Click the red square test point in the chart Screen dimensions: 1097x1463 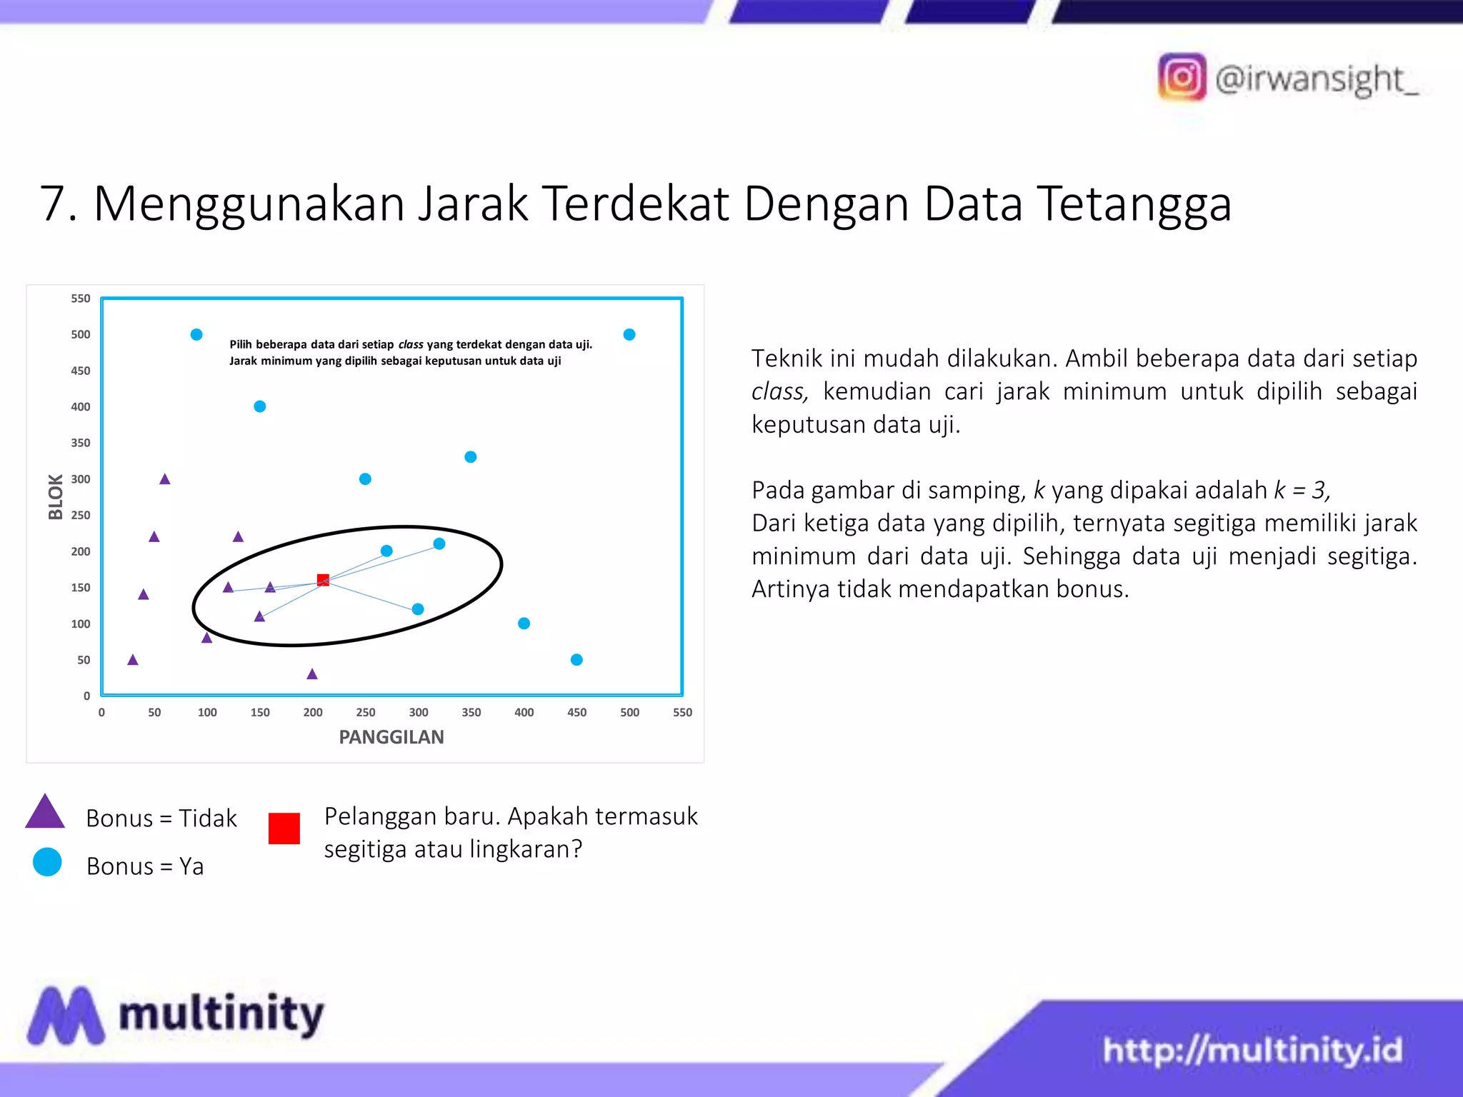tap(323, 580)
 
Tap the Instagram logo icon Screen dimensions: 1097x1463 tap(1182, 77)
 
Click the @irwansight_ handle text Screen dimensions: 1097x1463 tap(1317, 79)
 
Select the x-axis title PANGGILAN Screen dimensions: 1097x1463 tap(391, 737)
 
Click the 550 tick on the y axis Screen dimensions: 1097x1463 tap(81, 299)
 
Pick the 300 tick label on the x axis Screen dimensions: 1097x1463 tap(419, 712)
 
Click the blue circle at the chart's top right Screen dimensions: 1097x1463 tap(629, 334)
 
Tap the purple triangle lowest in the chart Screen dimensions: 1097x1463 tap(312, 673)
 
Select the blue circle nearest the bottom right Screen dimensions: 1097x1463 tap(576, 659)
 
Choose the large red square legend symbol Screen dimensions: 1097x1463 tap(284, 828)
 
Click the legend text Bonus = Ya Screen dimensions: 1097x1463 tap(145, 866)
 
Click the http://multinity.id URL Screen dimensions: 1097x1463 tap(1252, 1050)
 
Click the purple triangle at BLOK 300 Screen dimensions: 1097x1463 tap(165, 479)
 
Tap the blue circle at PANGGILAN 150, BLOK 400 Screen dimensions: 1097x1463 tap(260, 406)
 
